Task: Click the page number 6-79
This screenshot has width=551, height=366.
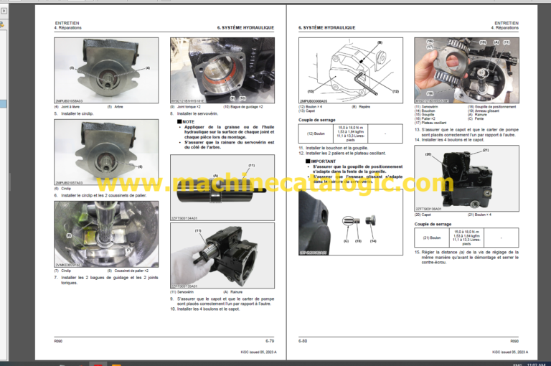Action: point(269,341)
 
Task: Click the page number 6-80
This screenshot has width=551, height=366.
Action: point(304,341)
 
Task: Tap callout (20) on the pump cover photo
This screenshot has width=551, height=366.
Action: point(428,154)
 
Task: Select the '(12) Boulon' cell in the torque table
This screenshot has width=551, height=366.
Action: point(321,133)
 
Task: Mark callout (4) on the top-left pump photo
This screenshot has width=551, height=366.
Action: point(147,67)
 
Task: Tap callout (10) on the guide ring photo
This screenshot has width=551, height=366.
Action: point(242,97)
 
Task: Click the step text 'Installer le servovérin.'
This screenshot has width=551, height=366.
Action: point(199,113)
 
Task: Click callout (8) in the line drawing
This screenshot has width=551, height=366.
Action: point(379,43)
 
